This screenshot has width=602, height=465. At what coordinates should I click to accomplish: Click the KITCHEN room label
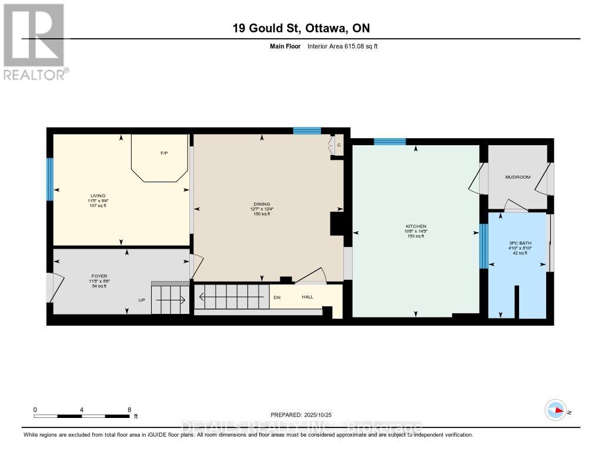(416, 226)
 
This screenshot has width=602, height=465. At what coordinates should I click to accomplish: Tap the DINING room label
(261, 204)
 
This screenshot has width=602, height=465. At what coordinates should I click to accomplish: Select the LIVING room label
(98, 196)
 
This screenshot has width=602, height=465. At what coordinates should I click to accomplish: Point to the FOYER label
(99, 276)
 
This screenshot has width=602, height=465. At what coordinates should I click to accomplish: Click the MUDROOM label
(518, 177)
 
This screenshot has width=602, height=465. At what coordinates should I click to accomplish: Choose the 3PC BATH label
(520, 243)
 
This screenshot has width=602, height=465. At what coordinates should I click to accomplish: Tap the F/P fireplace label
(164, 153)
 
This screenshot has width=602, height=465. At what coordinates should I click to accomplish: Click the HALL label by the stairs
(307, 297)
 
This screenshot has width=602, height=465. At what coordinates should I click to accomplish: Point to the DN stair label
(277, 297)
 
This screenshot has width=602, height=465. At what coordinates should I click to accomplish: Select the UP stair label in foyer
(142, 300)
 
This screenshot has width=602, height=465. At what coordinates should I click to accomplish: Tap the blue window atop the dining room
(307, 131)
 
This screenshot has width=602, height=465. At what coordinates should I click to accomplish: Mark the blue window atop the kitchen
(389, 141)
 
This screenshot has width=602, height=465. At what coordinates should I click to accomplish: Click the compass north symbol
(555, 410)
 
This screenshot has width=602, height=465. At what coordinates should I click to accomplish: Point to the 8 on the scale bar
(129, 410)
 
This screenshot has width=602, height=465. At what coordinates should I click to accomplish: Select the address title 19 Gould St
(300, 28)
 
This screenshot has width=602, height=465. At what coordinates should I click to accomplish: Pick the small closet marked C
(339, 145)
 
